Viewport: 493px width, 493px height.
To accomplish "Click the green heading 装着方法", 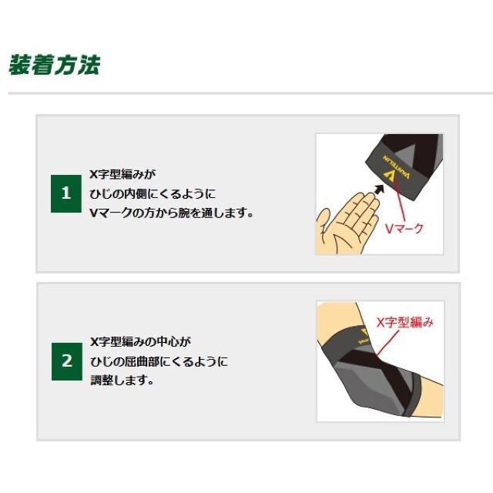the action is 55,65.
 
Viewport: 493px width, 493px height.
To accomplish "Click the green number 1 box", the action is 66,193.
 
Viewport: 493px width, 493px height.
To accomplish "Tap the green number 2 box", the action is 67,361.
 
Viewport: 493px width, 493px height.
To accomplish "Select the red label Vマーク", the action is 404,229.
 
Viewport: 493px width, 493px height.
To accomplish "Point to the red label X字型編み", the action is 405,322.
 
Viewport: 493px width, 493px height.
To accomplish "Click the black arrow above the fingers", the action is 379,189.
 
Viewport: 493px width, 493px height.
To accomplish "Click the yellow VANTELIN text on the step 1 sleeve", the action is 397,166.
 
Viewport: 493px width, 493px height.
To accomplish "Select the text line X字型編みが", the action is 122,174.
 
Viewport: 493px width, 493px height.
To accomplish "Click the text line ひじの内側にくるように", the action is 153,193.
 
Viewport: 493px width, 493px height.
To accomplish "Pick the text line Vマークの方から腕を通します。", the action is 172,213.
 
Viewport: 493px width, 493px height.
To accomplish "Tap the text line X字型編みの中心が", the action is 140,342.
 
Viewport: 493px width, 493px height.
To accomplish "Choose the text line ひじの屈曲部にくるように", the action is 159,361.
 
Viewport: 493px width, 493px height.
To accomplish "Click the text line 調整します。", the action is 122,381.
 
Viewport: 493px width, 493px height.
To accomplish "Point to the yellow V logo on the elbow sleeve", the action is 364,334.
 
